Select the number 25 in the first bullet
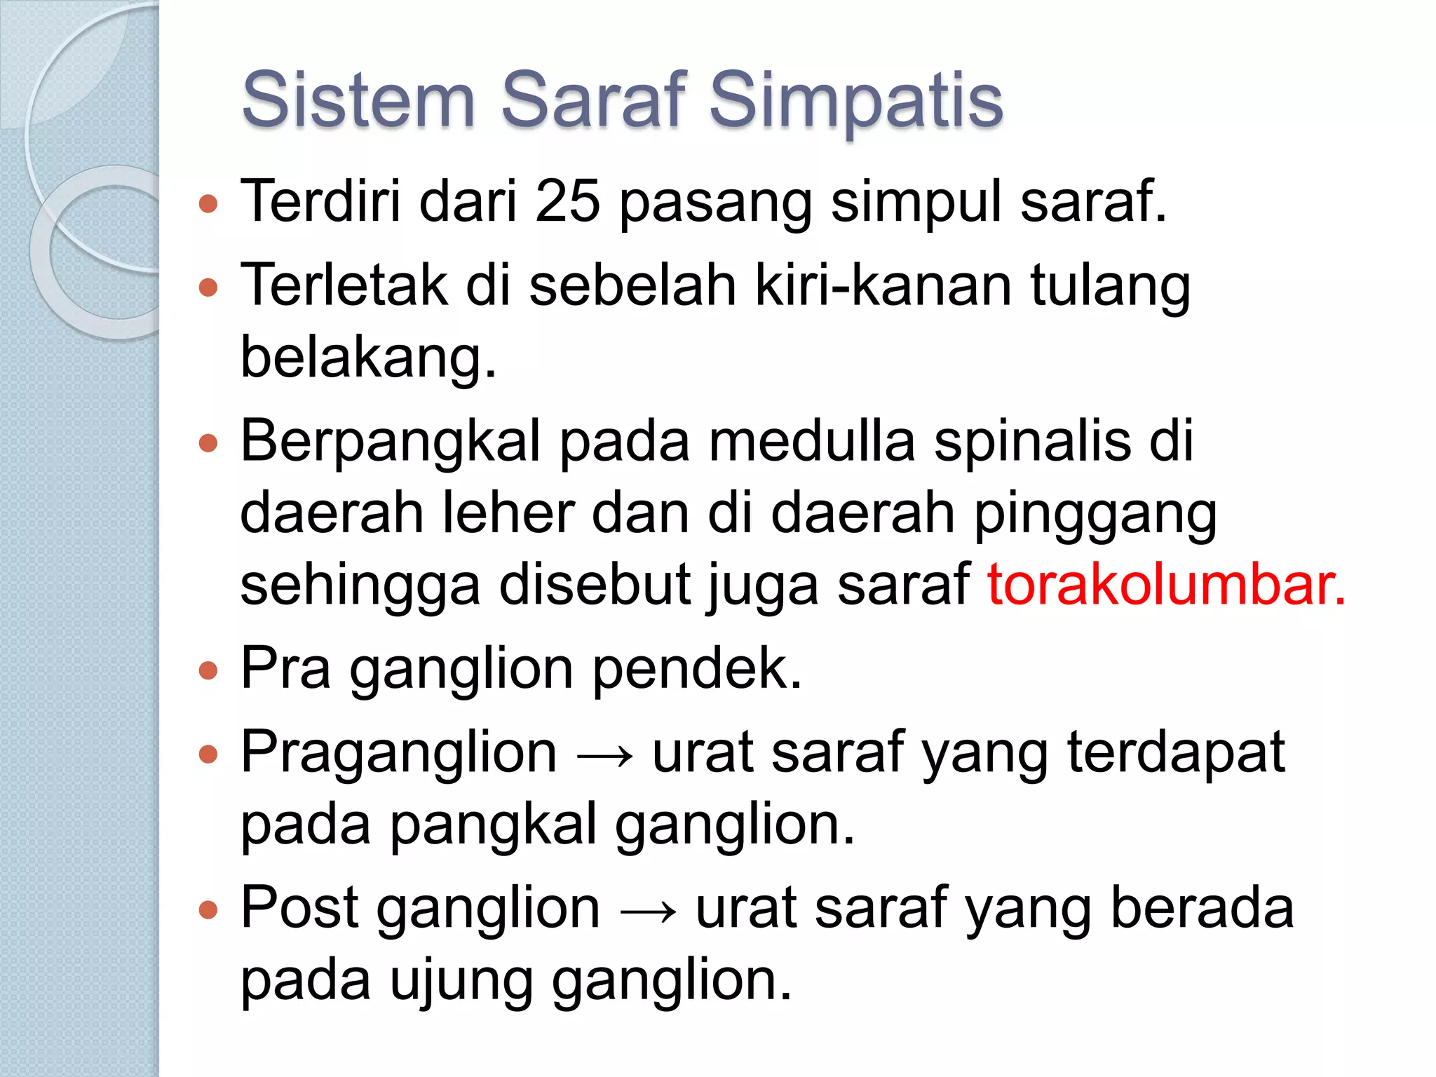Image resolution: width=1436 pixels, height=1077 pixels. [x=567, y=201]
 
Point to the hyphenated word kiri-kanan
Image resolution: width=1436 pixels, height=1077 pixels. [x=883, y=285]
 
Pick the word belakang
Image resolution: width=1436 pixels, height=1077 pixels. [x=368, y=357]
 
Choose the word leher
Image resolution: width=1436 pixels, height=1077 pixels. [x=508, y=513]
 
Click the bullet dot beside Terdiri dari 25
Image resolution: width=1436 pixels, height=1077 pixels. [x=208, y=204]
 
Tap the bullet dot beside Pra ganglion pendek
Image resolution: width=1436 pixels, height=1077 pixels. [x=208, y=671]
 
